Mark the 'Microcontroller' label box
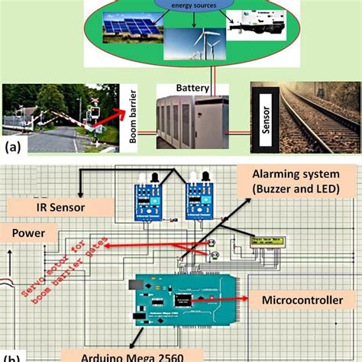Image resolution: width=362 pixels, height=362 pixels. (302, 301)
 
